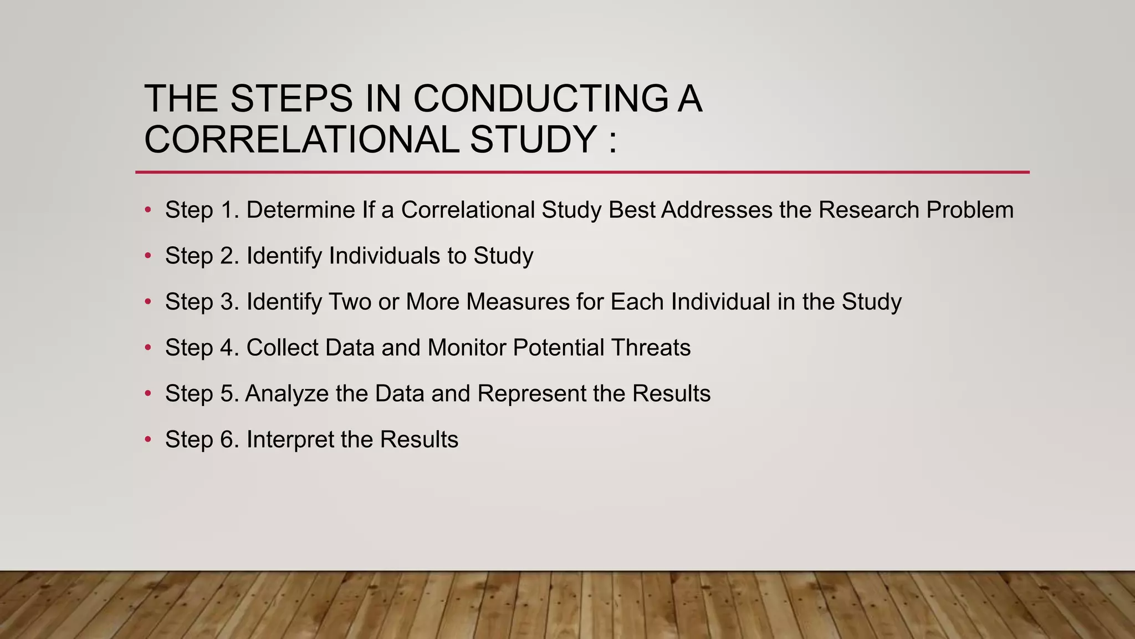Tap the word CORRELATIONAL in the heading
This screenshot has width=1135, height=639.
(x=301, y=139)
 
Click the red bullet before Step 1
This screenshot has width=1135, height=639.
(x=147, y=210)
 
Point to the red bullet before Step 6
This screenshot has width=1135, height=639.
(x=147, y=440)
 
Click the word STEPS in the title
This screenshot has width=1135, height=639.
(x=291, y=99)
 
